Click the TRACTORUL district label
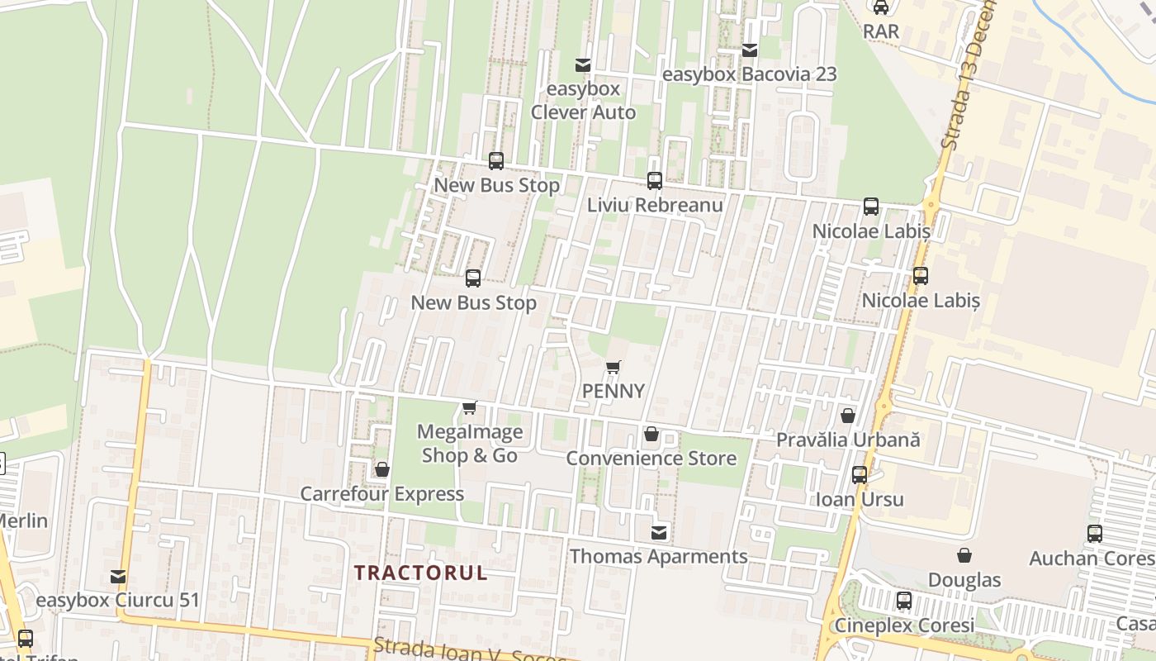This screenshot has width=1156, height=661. coord(420,573)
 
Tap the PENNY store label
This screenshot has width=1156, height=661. coord(613,391)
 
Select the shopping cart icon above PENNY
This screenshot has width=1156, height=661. coord(613,368)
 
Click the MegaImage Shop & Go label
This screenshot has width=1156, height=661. coord(470,444)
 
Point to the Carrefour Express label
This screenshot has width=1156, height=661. coord(381,494)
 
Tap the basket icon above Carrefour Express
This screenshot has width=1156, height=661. coord(382,470)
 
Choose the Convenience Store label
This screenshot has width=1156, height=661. coord(651,458)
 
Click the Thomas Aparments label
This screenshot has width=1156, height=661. coord(658,557)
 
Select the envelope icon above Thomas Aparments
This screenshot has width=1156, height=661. coord(659,533)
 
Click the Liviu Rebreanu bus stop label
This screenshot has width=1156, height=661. coord(655,205)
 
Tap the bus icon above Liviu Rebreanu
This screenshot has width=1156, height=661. coord(655,180)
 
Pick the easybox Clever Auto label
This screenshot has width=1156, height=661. coord(583,101)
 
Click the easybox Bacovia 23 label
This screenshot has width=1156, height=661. coord(750,74)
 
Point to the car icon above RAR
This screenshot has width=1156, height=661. coord(881,7)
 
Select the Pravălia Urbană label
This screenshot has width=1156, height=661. coord(847,440)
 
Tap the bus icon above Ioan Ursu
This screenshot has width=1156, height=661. coord(860,475)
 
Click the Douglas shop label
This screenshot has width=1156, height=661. coord(964,580)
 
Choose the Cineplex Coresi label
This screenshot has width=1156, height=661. coord(904,625)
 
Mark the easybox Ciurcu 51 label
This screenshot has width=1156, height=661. coord(118,600)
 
